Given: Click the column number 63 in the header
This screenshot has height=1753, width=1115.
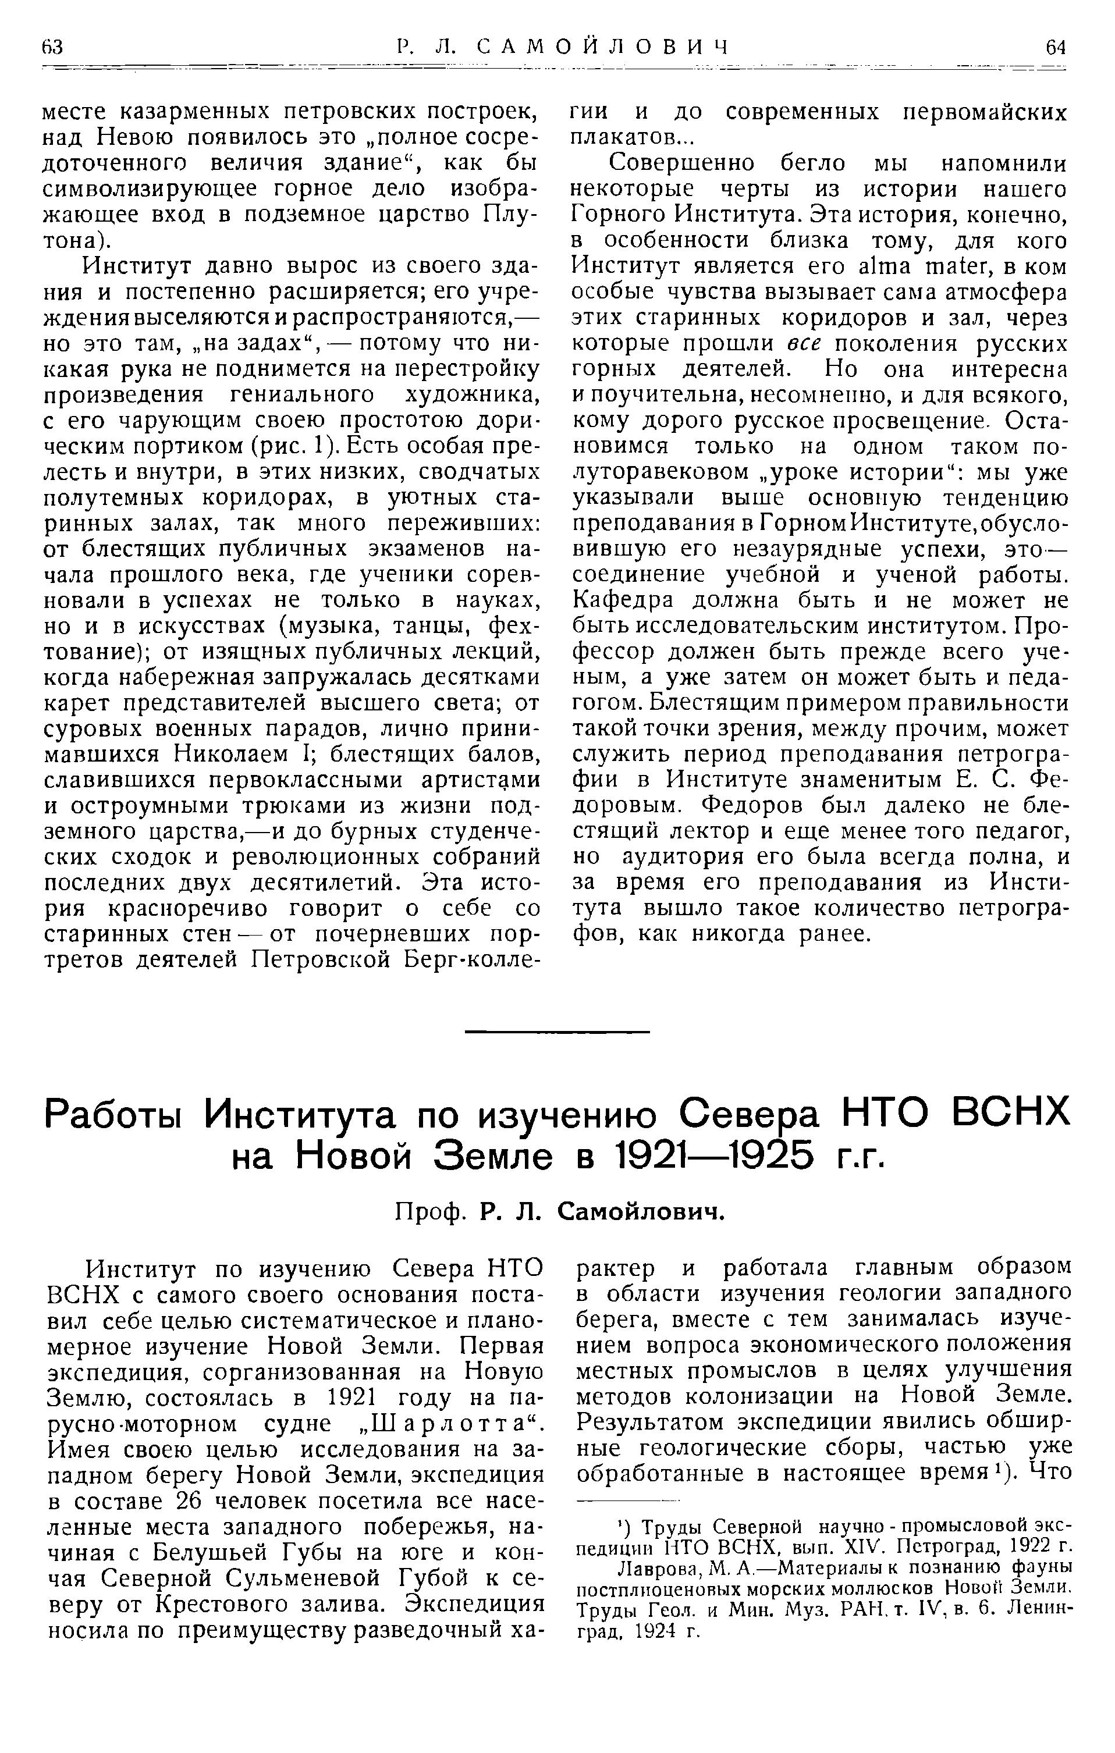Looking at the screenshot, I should (x=53, y=47).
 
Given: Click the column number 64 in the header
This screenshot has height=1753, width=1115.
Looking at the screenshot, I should (x=1055, y=47).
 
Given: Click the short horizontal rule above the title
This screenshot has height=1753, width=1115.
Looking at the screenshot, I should (x=557, y=1032).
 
